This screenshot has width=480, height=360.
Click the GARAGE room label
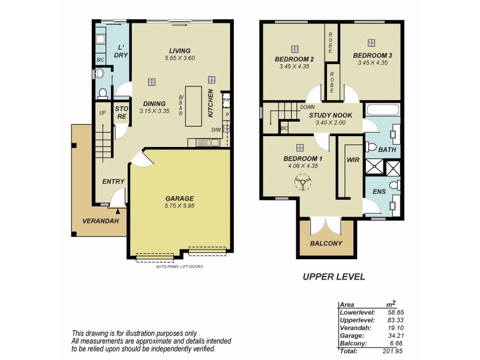point(179,198)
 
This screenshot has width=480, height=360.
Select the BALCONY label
point(326,244)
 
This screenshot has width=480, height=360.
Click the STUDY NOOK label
point(334,115)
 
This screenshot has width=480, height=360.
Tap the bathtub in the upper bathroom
point(382,110)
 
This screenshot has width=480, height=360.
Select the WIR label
point(352,160)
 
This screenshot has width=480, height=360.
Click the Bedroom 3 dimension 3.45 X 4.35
point(371,62)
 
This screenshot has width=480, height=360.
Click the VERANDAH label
point(100,221)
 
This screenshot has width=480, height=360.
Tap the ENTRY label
point(113,182)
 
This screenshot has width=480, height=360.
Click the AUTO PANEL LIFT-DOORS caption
point(179,266)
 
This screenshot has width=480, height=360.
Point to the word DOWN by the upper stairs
point(298,107)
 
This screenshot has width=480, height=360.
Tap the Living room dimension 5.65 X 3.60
point(179,58)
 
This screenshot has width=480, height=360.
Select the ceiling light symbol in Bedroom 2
point(294,49)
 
